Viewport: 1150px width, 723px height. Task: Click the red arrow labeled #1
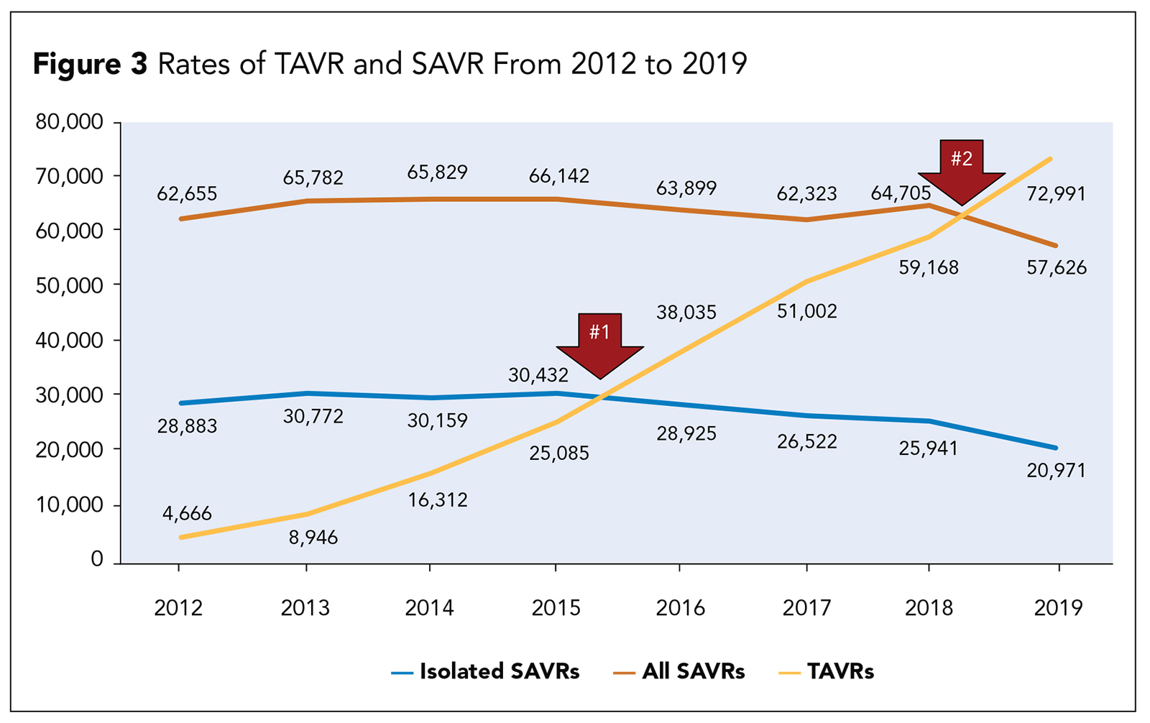599,342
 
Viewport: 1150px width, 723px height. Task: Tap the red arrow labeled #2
962,169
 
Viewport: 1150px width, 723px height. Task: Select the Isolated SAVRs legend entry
486,672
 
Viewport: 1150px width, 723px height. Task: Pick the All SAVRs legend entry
679,672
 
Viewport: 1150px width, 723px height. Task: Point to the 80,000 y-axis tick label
69,122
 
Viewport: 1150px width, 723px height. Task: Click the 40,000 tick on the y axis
69,340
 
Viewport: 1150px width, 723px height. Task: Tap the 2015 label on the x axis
556,608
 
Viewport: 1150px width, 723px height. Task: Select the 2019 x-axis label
1058,608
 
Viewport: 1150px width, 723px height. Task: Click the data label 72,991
1056,194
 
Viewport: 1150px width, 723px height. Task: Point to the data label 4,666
187,513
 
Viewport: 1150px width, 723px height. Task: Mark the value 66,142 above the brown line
559,176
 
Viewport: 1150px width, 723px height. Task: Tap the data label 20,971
1056,471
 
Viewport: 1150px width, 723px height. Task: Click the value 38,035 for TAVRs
686,313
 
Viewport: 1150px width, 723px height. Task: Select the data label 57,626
1057,268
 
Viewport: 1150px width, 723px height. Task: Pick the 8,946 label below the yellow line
313,538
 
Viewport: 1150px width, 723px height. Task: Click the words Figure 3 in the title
90,65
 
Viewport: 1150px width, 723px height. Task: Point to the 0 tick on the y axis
97,560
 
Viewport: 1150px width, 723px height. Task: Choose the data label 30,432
538,375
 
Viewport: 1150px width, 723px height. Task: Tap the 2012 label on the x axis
178,608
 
